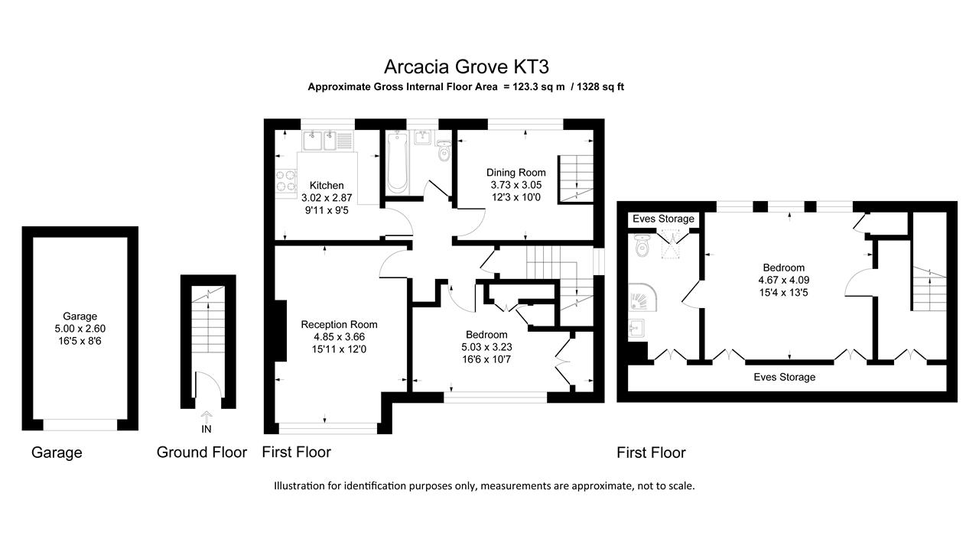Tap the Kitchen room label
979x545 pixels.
coord(327,186)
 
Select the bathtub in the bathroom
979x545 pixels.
coord(398,162)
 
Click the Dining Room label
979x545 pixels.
coord(516,173)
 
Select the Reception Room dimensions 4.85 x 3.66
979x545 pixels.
coord(339,337)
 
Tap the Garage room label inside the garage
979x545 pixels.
coord(80,316)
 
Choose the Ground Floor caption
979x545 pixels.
coord(201,453)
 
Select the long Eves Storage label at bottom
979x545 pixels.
coord(784,377)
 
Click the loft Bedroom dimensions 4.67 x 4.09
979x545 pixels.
coord(783,280)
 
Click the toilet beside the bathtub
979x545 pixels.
coord(444,153)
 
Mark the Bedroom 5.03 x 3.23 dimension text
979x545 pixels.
coord(486,348)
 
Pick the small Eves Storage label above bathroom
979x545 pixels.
coord(663,219)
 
